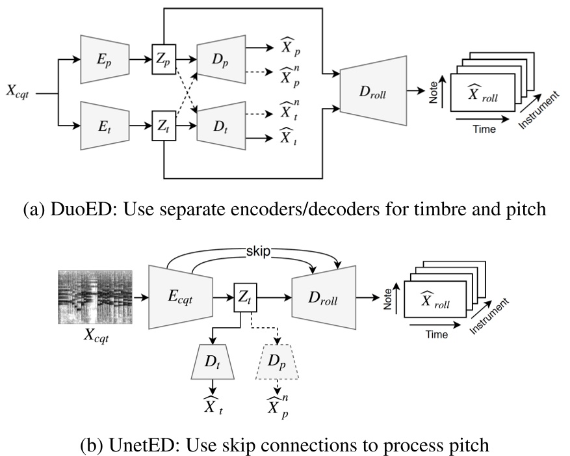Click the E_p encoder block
(x=103, y=59)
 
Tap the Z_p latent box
(x=163, y=59)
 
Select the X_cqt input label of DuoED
(x=19, y=93)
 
